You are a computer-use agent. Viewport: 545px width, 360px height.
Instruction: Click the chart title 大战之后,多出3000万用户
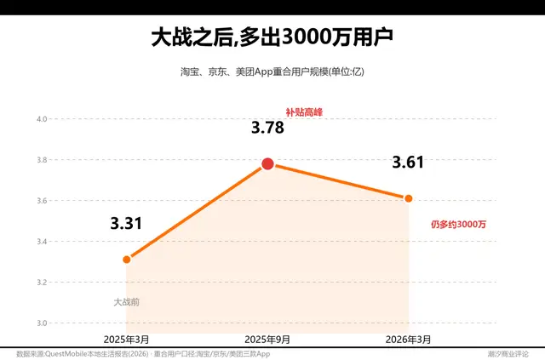pos(272,37)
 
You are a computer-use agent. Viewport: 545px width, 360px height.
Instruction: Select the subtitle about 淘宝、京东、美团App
pos(272,72)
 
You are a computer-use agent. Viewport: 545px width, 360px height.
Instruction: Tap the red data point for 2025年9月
pos(267,163)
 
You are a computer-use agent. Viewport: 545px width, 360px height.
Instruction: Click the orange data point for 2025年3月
pos(127,260)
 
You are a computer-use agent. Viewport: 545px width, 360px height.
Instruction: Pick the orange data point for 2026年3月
pos(409,198)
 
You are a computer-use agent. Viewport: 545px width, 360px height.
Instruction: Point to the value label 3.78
pos(267,128)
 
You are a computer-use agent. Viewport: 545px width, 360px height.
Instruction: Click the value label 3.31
pos(126,223)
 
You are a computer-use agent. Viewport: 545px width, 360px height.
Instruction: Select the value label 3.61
pos(408,163)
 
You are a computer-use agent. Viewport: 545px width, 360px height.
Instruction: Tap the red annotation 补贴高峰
pos(304,112)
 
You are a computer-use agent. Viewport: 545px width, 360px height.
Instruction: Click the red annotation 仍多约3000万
pos(458,225)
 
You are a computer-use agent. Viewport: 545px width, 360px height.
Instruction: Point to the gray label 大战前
pos(127,302)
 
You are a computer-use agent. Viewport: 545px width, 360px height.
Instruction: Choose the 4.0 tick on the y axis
pos(42,119)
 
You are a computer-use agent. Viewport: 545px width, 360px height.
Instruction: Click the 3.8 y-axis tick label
pos(42,160)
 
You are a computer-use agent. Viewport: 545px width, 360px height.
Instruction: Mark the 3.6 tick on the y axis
pos(42,201)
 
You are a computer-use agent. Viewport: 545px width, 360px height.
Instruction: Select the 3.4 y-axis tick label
pos(42,242)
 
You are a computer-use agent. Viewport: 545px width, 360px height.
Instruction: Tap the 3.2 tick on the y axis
pos(42,283)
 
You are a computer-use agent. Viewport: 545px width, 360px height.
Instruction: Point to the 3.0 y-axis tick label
pos(42,323)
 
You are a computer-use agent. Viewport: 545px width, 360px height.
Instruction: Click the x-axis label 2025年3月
pos(127,340)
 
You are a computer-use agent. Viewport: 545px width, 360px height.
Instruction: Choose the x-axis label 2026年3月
pos(408,340)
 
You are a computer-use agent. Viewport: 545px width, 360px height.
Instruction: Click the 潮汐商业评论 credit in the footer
pos(508,354)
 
